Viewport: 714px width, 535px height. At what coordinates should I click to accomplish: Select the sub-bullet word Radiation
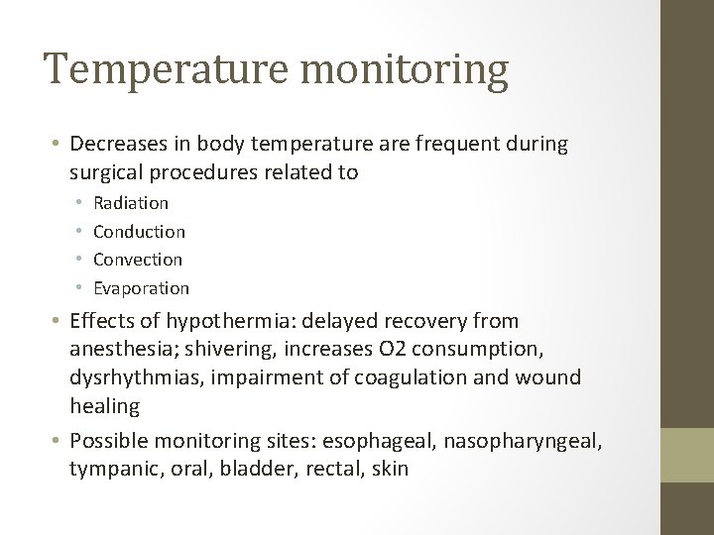(x=131, y=203)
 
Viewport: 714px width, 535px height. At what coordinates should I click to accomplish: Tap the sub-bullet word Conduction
(x=139, y=232)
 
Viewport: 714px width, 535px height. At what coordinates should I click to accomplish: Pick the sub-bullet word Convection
(x=138, y=260)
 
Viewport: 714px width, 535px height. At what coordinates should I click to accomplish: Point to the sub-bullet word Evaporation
(x=141, y=288)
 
